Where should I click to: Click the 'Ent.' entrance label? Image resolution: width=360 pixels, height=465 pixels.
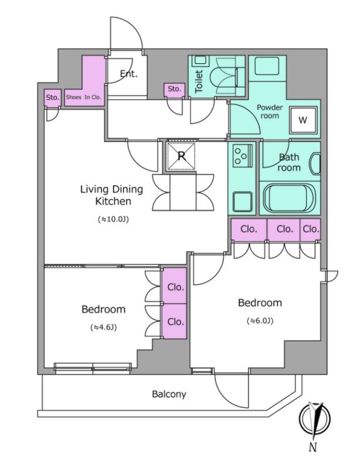128,74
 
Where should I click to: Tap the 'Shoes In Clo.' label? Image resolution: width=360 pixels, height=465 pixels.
84,97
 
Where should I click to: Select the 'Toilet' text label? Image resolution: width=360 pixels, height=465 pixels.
198,82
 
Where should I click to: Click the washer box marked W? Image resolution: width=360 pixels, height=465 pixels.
303,120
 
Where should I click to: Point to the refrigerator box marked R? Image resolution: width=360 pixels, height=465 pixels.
181,157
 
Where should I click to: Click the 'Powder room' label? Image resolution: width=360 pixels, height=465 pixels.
270,111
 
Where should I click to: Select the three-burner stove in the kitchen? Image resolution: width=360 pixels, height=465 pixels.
241,155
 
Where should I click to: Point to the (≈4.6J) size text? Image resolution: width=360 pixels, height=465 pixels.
103,327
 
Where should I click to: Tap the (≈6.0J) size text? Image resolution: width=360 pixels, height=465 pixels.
259,321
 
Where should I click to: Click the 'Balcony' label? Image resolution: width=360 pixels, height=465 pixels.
169,394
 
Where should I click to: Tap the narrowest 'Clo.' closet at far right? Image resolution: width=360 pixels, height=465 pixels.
311,229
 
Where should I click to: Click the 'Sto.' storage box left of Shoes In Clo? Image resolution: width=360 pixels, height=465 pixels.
53,98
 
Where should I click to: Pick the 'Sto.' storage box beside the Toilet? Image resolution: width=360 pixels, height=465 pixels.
174,89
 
